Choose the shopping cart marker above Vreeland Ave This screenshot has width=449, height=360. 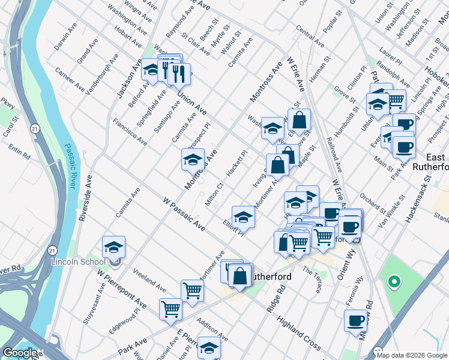[192, 290]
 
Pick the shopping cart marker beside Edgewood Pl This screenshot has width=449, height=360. [170, 309]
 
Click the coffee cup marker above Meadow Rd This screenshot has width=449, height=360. [356, 320]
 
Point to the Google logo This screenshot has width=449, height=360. [20, 353]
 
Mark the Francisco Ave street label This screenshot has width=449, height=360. [130, 132]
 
